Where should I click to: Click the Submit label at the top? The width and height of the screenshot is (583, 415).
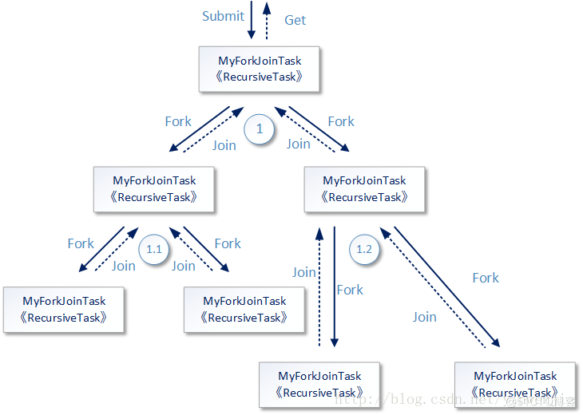pyautogui.click(x=223, y=16)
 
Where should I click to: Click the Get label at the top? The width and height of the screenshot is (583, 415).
pyautogui.click(x=295, y=20)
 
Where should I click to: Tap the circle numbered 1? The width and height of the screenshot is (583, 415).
pyautogui.click(x=259, y=128)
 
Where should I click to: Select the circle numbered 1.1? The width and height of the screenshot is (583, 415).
pyautogui.click(x=154, y=250)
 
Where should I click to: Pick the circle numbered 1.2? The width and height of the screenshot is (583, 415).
pyautogui.click(x=364, y=250)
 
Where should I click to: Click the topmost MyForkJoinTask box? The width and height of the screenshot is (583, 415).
pyautogui.click(x=260, y=69)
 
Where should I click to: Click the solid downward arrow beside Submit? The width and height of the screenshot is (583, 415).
pyautogui.click(x=252, y=20)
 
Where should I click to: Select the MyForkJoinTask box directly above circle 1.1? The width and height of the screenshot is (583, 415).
pyautogui.click(x=154, y=189)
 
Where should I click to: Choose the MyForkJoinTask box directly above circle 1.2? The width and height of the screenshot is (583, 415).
pyautogui.click(x=364, y=189)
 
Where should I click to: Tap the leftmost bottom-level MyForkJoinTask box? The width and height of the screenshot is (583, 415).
pyautogui.click(x=64, y=310)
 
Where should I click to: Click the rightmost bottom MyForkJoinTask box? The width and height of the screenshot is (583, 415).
pyautogui.click(x=515, y=385)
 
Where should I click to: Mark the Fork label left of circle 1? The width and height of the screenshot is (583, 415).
pyautogui.click(x=178, y=121)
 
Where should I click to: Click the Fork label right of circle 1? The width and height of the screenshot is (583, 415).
pyautogui.click(x=341, y=121)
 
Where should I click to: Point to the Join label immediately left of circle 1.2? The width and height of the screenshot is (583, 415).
pyautogui.click(x=303, y=272)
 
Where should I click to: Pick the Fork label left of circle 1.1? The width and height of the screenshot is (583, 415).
pyautogui.click(x=81, y=243)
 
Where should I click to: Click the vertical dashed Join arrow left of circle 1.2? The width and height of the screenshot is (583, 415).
pyautogui.click(x=319, y=287)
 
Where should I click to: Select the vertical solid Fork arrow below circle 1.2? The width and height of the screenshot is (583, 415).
pyautogui.click(x=334, y=287)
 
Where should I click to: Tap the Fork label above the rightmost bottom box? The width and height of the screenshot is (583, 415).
pyautogui.click(x=486, y=278)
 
